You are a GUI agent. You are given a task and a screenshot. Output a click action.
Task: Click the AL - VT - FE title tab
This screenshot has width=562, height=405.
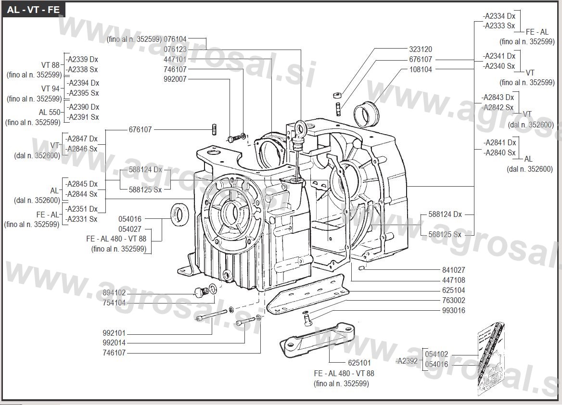click(x=33, y=10)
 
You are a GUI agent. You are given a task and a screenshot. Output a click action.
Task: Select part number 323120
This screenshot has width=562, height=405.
click(x=421, y=49)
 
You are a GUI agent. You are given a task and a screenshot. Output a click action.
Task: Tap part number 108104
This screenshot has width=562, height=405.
click(x=421, y=69)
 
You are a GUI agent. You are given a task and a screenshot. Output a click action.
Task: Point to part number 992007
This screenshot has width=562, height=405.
click(x=175, y=79)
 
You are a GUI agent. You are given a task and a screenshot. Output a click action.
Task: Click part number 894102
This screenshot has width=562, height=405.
click(x=114, y=293)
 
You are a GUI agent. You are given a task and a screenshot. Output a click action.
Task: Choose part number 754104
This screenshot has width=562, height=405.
click(x=114, y=303)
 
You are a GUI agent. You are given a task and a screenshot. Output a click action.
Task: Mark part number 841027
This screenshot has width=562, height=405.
click(x=454, y=270)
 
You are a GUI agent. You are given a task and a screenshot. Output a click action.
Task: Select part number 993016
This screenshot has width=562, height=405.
click(x=454, y=310)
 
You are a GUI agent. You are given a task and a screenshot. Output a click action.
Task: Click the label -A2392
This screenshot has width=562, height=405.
click(x=407, y=360)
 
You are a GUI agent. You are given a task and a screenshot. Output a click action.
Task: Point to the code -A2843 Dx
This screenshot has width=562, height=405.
click(x=498, y=98)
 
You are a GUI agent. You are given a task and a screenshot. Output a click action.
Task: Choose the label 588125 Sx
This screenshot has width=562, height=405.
click(x=145, y=190)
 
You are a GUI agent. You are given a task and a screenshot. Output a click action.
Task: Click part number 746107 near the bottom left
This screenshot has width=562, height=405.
click(x=114, y=353)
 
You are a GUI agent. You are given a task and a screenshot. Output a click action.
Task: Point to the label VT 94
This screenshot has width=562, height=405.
click(x=51, y=89)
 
